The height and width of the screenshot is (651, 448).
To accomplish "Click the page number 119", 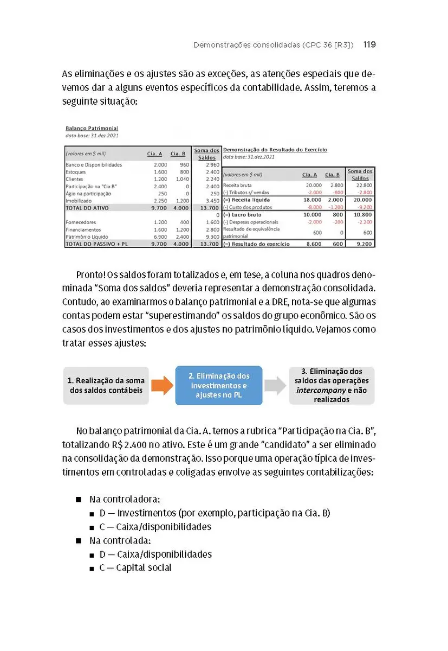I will click(369, 45).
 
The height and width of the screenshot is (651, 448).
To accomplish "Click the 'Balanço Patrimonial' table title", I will click(92, 129).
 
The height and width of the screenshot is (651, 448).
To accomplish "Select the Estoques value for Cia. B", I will click(183, 172).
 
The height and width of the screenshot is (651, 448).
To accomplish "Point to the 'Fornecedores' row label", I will click(81, 222).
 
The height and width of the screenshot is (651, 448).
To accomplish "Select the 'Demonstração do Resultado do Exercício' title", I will click(275, 150).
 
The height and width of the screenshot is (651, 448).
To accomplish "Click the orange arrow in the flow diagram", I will click(161, 385).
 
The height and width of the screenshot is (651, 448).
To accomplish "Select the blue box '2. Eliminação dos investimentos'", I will click(219, 385).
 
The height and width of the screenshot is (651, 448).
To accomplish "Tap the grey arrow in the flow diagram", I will click(275, 385).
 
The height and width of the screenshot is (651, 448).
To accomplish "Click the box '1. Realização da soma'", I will click(106, 385).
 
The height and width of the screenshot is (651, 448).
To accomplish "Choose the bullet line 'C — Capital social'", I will click(135, 568).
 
